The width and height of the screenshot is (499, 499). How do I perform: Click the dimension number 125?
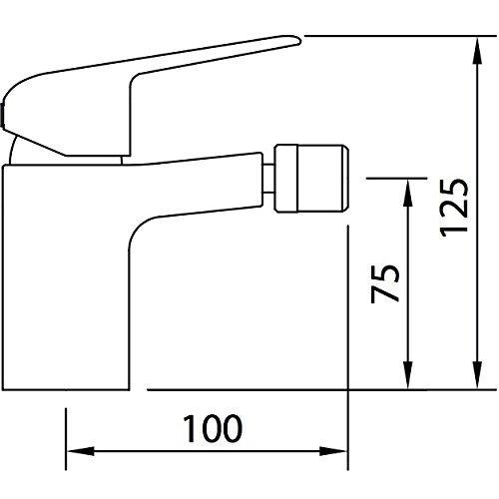pos(454,208)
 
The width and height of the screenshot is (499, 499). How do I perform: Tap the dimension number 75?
pos(385,283)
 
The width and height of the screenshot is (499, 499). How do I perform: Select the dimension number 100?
pos(213,428)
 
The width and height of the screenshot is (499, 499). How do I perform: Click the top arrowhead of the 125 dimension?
pos(477,51)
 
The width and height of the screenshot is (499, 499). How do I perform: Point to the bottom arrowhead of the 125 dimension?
pos(477,374)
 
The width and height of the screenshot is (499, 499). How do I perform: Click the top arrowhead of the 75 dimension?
pos(408,193)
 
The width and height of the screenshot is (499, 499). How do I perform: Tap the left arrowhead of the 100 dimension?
pos(81,451)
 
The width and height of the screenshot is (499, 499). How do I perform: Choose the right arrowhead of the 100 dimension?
pos(333,451)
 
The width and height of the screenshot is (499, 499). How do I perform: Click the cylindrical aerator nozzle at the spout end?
pos(311,179)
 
